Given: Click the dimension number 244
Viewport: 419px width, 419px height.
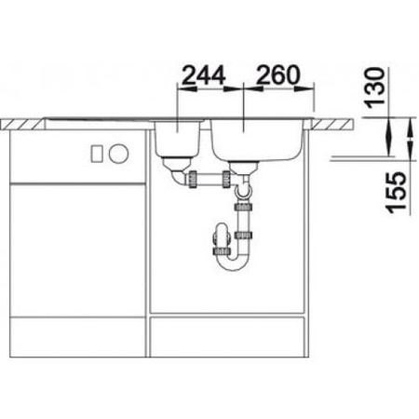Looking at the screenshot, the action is [203, 74].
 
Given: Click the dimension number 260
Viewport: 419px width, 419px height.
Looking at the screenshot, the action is [277, 74].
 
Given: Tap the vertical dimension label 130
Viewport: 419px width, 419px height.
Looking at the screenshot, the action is [373, 88].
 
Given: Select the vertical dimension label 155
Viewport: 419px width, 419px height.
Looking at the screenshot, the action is [397, 193].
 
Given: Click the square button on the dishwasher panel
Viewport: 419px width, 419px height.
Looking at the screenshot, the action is [97, 154].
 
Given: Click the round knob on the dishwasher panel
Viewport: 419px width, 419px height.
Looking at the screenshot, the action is [118, 154].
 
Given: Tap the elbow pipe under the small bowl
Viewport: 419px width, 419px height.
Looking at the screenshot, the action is [178, 178].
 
